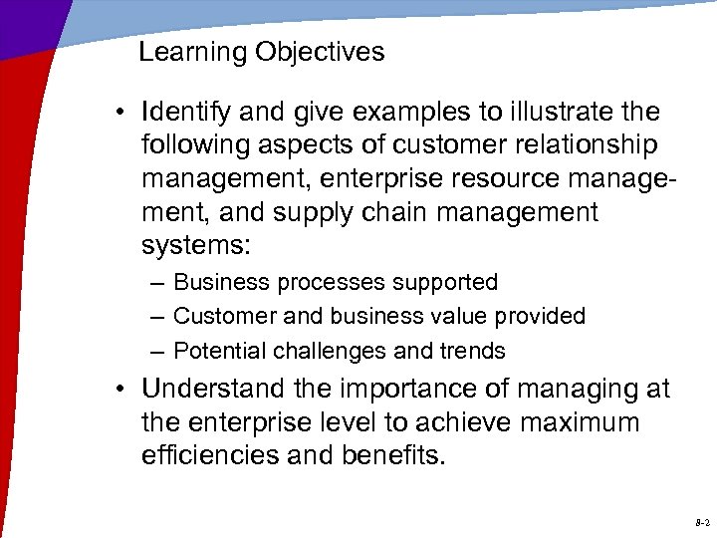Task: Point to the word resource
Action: tap(509, 179)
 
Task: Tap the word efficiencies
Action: tap(210, 455)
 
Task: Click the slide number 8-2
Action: tap(701, 521)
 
